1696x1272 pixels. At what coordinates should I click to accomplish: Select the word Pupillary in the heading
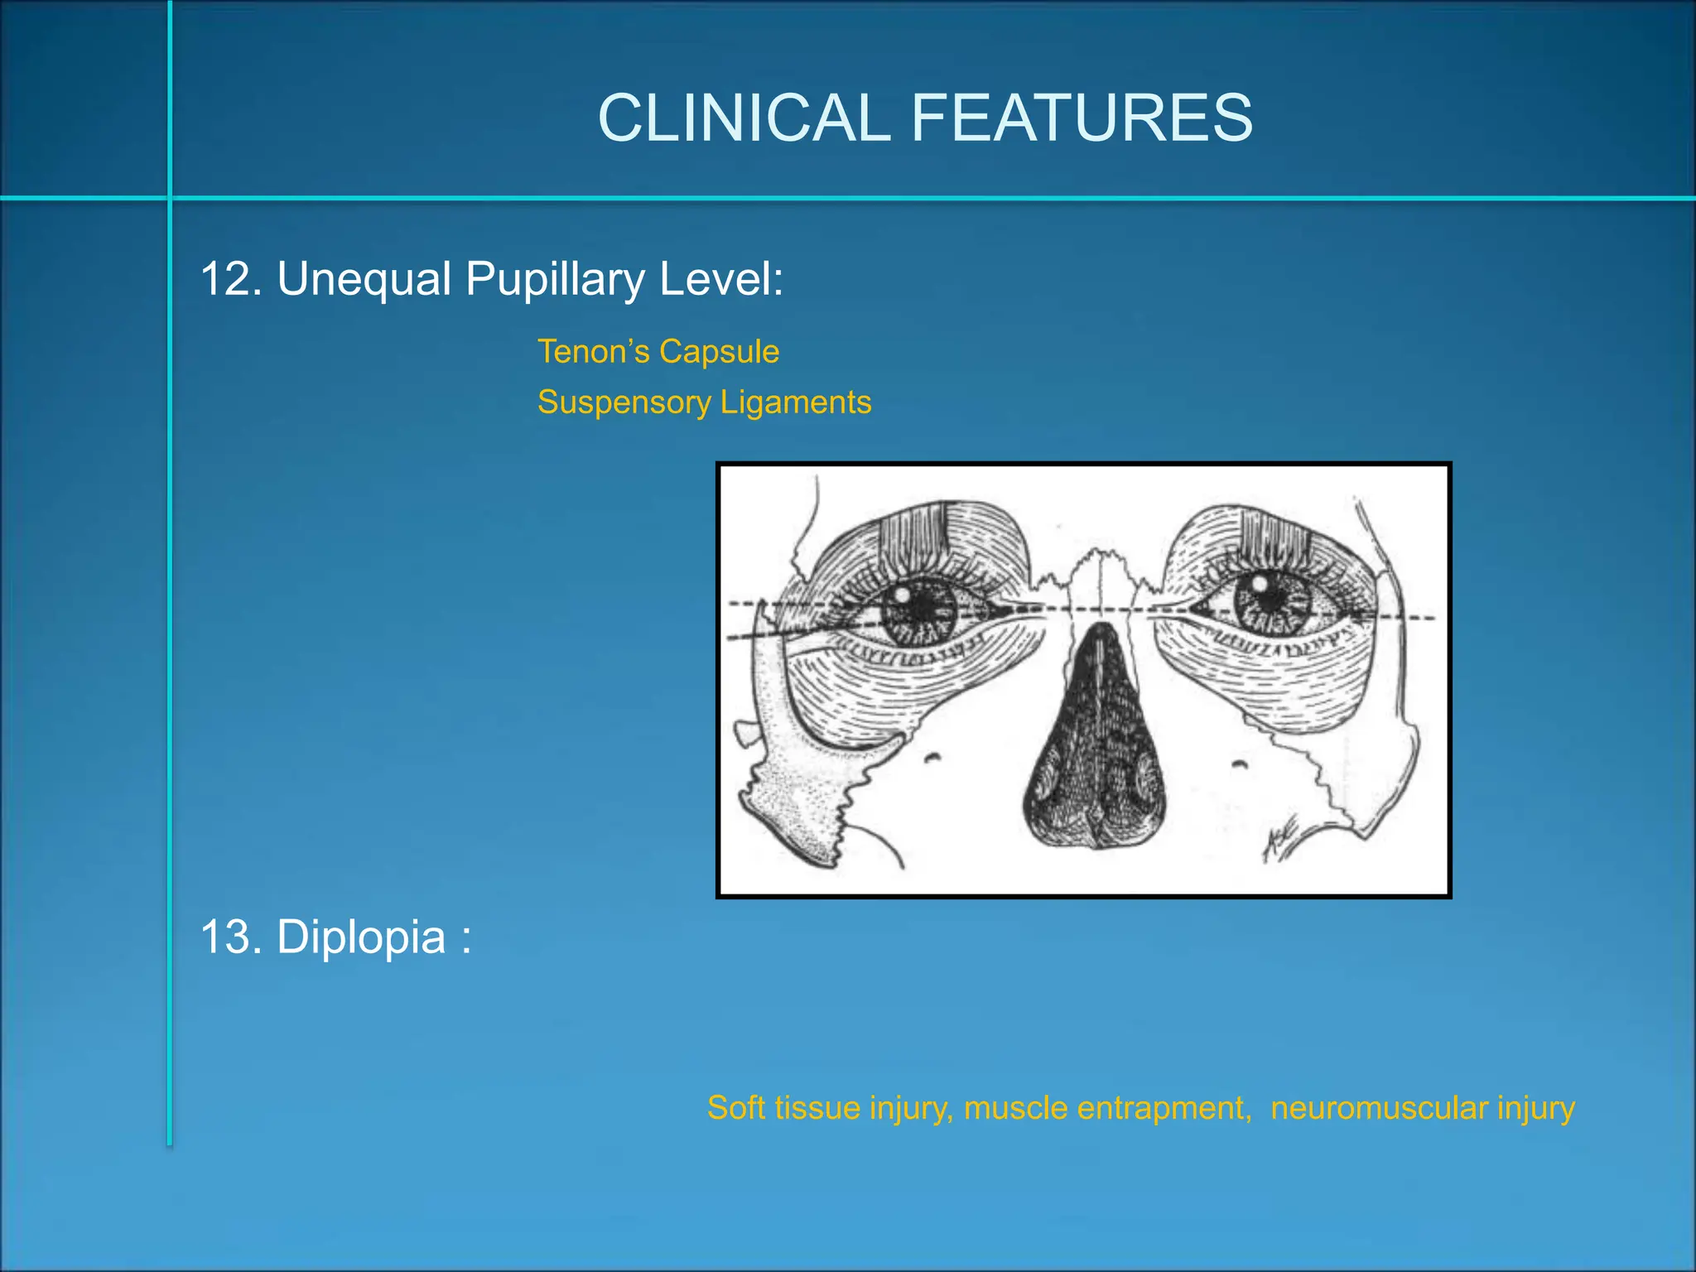coord(554,279)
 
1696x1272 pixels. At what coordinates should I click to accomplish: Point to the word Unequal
coord(364,279)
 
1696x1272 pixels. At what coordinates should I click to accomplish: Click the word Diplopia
coord(361,937)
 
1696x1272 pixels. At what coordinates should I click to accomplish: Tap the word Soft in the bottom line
coord(736,1108)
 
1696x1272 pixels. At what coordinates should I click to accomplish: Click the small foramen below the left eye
coord(933,756)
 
